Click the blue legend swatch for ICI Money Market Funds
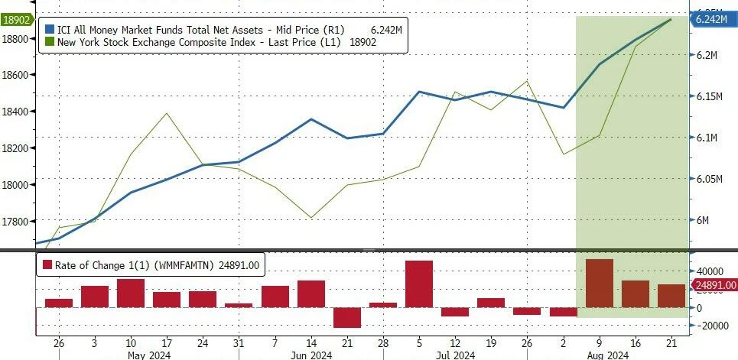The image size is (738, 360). point(50,30)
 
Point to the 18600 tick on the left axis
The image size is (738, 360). point(18,75)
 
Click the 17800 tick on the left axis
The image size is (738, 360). point(18,222)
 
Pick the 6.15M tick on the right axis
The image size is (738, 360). point(708,97)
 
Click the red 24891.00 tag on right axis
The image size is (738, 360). point(713,285)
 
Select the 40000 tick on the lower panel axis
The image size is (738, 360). point(707,271)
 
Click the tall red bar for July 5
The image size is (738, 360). point(419,284)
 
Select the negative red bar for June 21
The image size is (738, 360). point(347,317)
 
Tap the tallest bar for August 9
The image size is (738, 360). point(599,283)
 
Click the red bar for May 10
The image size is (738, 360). point(131,293)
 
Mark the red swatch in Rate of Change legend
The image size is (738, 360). point(47,264)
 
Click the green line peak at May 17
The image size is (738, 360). point(167,113)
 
